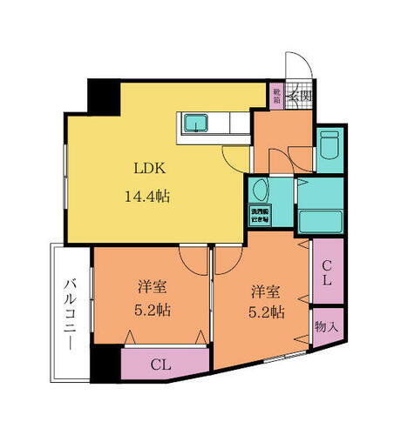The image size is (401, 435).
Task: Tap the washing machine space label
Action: pyautogui.click(x=259, y=216)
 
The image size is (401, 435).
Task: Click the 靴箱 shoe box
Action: pyautogui.click(x=276, y=96)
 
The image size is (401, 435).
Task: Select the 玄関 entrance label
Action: pyautogui.click(x=300, y=96)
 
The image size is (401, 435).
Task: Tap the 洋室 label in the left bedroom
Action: pyautogui.click(x=151, y=286)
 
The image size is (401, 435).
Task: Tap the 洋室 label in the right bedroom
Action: pyautogui.click(x=267, y=291)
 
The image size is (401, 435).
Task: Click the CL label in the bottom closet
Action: pyautogui.click(x=159, y=363)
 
